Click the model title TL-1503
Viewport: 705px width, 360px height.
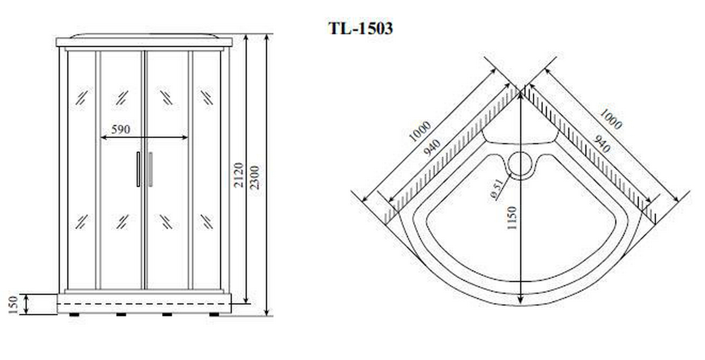(x=361, y=28)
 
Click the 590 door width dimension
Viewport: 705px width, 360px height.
(x=121, y=129)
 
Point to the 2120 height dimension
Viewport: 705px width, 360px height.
(x=239, y=175)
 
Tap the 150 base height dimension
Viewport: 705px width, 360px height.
(x=13, y=305)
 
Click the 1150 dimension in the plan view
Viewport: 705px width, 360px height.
(x=512, y=218)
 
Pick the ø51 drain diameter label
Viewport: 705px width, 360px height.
(x=496, y=189)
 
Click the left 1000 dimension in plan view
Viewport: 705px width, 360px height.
(x=420, y=131)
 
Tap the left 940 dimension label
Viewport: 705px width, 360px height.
(x=432, y=148)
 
